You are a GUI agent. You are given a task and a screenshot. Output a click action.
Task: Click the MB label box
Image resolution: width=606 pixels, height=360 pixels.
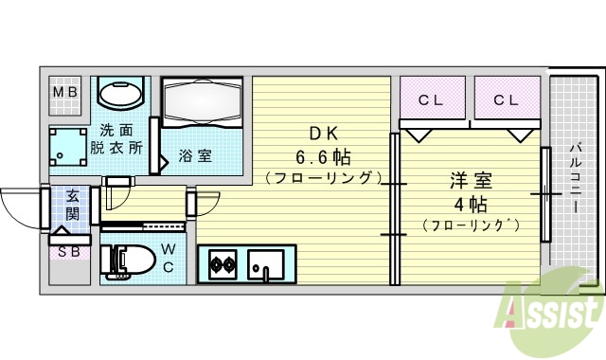coord(65,93)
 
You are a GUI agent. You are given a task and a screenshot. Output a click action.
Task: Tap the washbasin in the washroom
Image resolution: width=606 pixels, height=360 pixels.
coord(120,95)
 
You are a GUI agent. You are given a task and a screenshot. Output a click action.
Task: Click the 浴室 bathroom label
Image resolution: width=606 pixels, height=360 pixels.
coord(195,155)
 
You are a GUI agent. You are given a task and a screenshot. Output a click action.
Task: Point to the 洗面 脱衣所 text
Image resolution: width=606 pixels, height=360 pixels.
coord(116,139)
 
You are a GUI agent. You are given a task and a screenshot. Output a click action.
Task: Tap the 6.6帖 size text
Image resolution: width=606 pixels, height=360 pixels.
coord(321,155)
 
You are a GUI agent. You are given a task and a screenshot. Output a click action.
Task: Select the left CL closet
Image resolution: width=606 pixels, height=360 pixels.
coord(431,98)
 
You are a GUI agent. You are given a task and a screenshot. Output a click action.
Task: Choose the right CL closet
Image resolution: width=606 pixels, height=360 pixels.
coord(505,98)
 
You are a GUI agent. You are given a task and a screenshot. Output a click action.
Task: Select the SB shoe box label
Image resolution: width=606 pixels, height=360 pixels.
coord(68,252)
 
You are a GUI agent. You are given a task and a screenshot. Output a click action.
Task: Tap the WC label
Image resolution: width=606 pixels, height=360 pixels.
coord(166,258)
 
